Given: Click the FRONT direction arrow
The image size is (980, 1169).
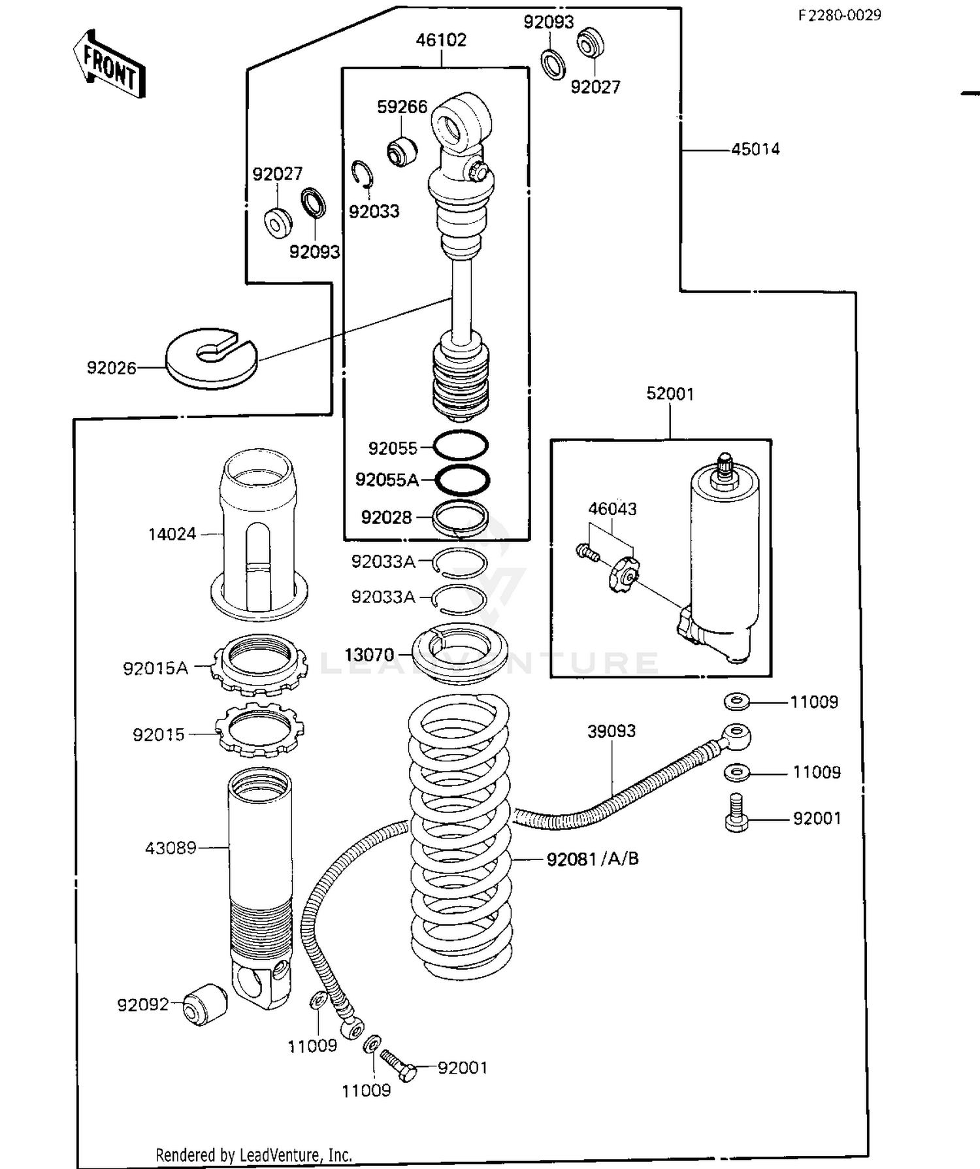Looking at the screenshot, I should coord(109,64).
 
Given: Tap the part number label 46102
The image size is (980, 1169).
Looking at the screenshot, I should coord(441,40).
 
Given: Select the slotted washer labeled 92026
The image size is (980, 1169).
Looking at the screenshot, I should coord(210,357).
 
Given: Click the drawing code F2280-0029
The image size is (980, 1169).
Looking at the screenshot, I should coord(839,15).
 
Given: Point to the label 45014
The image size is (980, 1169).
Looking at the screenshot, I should coord(755,149).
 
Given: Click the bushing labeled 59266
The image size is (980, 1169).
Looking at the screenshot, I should coord(402,151).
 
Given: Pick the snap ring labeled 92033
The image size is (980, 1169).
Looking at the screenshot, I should coord(361,175).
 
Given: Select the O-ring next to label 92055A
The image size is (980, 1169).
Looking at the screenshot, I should coord(462,480).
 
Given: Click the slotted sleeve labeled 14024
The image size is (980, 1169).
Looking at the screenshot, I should coord(259,536).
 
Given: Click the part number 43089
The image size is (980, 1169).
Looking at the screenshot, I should coord(171,848).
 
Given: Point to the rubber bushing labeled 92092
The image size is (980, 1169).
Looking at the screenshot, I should coord(205,1004).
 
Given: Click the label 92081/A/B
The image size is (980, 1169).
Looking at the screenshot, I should coord(593,859).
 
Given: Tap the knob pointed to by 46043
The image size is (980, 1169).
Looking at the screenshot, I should coord(624,574).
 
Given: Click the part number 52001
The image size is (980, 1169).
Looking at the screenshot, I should coord(670,393).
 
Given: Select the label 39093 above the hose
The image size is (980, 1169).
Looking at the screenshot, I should coord(611,731).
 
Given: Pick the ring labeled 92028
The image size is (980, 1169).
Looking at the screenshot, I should coord(461,517).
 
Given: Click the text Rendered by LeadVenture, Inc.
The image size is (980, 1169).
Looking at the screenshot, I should coord(253,1155).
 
